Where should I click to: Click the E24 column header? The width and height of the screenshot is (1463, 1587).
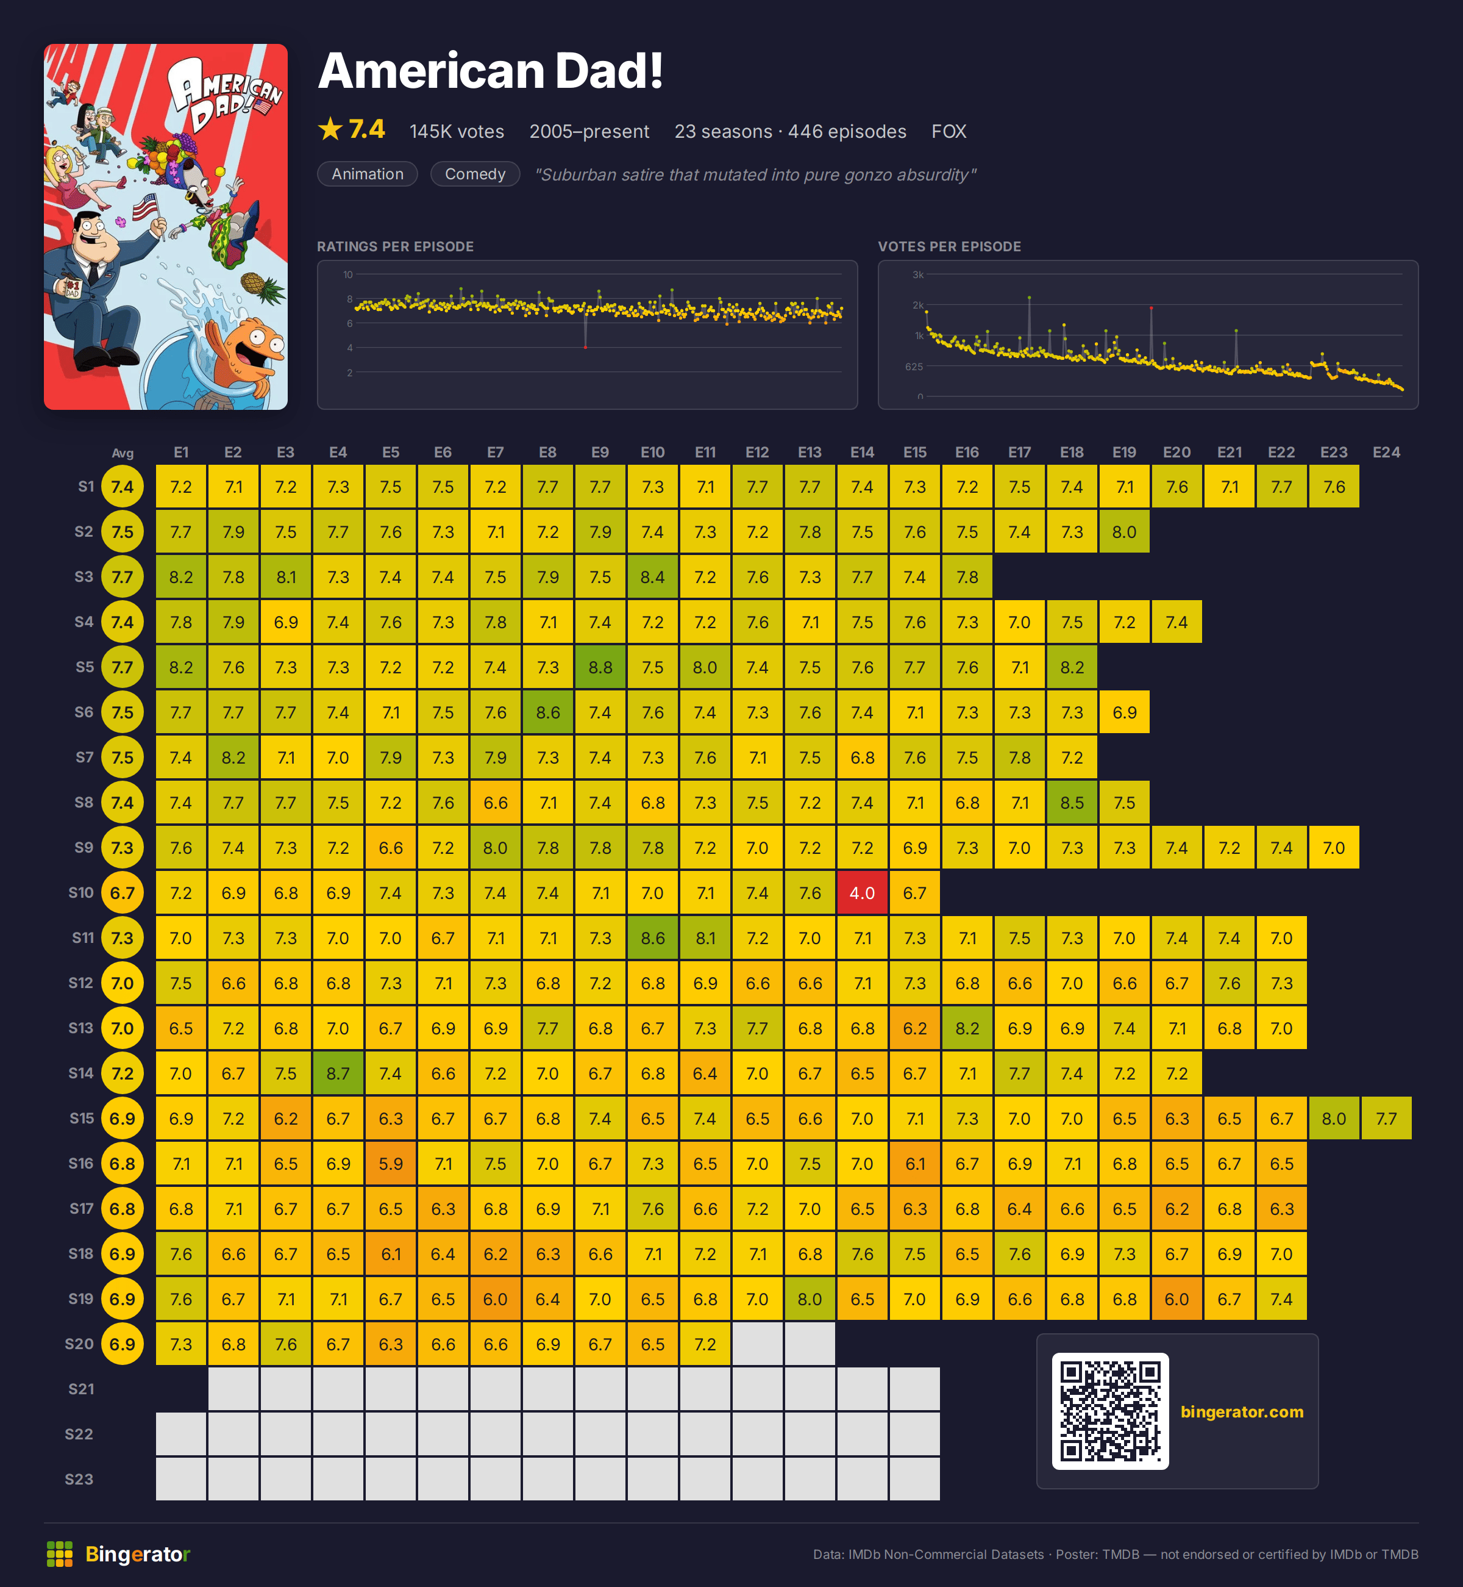1386,452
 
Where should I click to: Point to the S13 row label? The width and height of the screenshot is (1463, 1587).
80,1028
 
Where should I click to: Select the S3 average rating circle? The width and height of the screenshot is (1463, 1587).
123,576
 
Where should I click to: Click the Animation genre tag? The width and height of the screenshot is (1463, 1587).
368,174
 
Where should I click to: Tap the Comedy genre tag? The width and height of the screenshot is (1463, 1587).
475,174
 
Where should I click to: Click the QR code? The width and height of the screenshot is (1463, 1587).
1110,1411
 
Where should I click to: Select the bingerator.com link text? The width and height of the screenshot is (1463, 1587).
1241,1411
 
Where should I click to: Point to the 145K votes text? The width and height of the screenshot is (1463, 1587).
457,132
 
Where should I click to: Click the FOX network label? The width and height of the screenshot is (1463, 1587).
949,132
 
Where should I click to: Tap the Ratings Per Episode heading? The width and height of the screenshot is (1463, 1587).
395,246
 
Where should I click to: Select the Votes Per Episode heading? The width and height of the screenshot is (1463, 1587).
949,246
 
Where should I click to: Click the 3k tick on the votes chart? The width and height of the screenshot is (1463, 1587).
918,275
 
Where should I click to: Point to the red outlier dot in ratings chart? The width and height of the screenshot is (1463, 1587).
586,347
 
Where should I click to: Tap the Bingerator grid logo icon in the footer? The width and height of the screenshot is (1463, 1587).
59,1553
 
